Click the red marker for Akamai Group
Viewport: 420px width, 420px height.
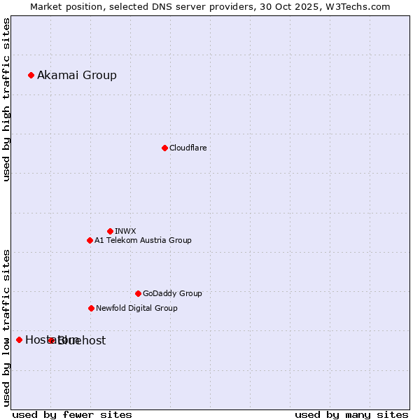(31, 75)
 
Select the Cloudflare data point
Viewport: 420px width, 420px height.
(164, 148)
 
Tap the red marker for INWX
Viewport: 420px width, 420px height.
(110, 231)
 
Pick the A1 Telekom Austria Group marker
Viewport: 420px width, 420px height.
(90, 240)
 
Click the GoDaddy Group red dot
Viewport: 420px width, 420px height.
(138, 293)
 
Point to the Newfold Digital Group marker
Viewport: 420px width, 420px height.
(91, 308)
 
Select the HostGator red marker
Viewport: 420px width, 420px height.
(19, 339)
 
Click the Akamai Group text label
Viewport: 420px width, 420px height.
(77, 75)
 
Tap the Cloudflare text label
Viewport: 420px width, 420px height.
(188, 148)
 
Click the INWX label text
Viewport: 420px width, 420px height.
(125, 231)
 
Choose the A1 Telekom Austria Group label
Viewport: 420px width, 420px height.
(143, 240)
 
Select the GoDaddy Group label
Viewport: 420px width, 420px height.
(172, 293)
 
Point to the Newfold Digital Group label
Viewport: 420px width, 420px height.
(136, 308)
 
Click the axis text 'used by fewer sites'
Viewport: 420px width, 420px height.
(72, 414)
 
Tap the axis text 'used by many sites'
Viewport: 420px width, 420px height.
(351, 414)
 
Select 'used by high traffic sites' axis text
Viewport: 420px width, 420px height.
(6, 100)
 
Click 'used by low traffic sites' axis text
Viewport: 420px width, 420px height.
(6, 328)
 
